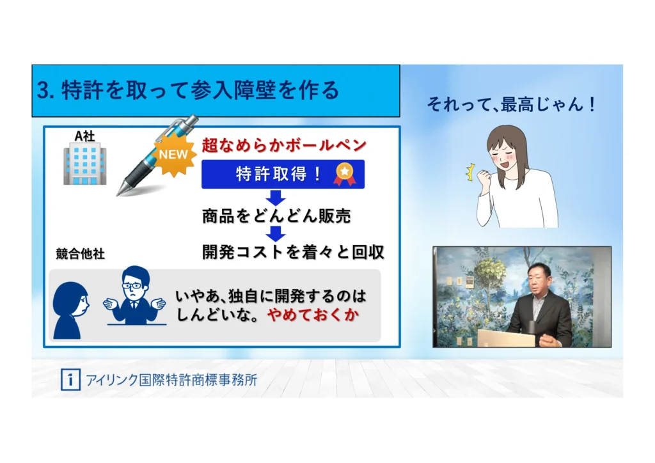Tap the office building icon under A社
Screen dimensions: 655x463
pos(85,164)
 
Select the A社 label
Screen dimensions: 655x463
pos(84,136)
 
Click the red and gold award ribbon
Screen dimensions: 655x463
pos(344,174)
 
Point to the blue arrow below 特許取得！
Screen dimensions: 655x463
pos(276,198)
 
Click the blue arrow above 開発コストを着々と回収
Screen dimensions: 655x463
pos(276,234)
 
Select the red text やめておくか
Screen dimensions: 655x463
pos(313,315)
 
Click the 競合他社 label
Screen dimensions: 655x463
pos(80,253)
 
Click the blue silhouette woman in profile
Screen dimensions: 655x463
pos(70,310)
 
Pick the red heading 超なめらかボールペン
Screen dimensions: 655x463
pos(284,145)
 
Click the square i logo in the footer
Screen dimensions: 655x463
pos(70,380)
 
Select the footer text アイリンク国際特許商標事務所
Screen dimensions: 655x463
pos(171,380)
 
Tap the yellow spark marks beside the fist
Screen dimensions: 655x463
pos(470,172)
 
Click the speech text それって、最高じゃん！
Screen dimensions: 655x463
pos(512,104)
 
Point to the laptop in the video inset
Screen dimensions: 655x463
pos(507,338)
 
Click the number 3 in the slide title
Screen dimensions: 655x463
pos(42,90)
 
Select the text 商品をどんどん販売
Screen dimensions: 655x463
pos(276,216)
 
